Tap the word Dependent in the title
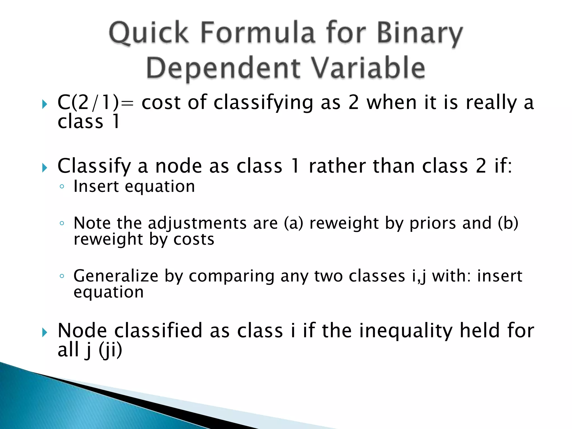223,68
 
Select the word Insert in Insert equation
96,186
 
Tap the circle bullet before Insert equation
62,187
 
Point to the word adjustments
197,223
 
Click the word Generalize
116,276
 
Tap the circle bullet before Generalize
62,276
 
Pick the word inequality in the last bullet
406,331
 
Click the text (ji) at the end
111,350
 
